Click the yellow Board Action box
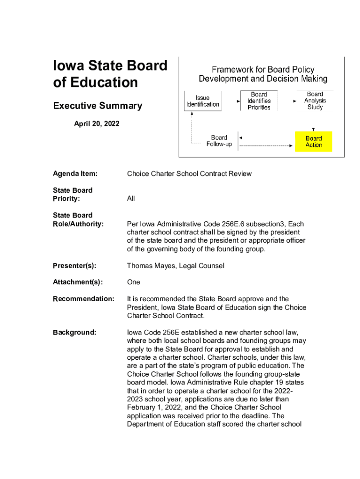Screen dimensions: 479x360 point(314,141)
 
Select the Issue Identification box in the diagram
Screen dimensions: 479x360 point(202,101)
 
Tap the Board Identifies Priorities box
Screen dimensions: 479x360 point(259,101)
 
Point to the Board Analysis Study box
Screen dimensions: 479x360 point(315,101)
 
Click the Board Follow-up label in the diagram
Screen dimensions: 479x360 point(219,141)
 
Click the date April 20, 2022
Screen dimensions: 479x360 point(97,124)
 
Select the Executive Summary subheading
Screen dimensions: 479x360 point(97,106)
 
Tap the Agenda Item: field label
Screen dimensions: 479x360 point(75,174)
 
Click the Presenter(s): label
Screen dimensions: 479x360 point(74,266)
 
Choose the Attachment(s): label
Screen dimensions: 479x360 point(78,282)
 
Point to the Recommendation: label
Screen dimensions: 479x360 point(83,298)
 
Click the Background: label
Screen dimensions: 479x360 point(74,332)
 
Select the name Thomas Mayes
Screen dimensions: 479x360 point(149,266)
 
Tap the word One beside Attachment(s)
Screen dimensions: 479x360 point(134,282)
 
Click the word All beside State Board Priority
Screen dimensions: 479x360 point(131,199)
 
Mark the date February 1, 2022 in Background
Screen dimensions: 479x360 point(153,407)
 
